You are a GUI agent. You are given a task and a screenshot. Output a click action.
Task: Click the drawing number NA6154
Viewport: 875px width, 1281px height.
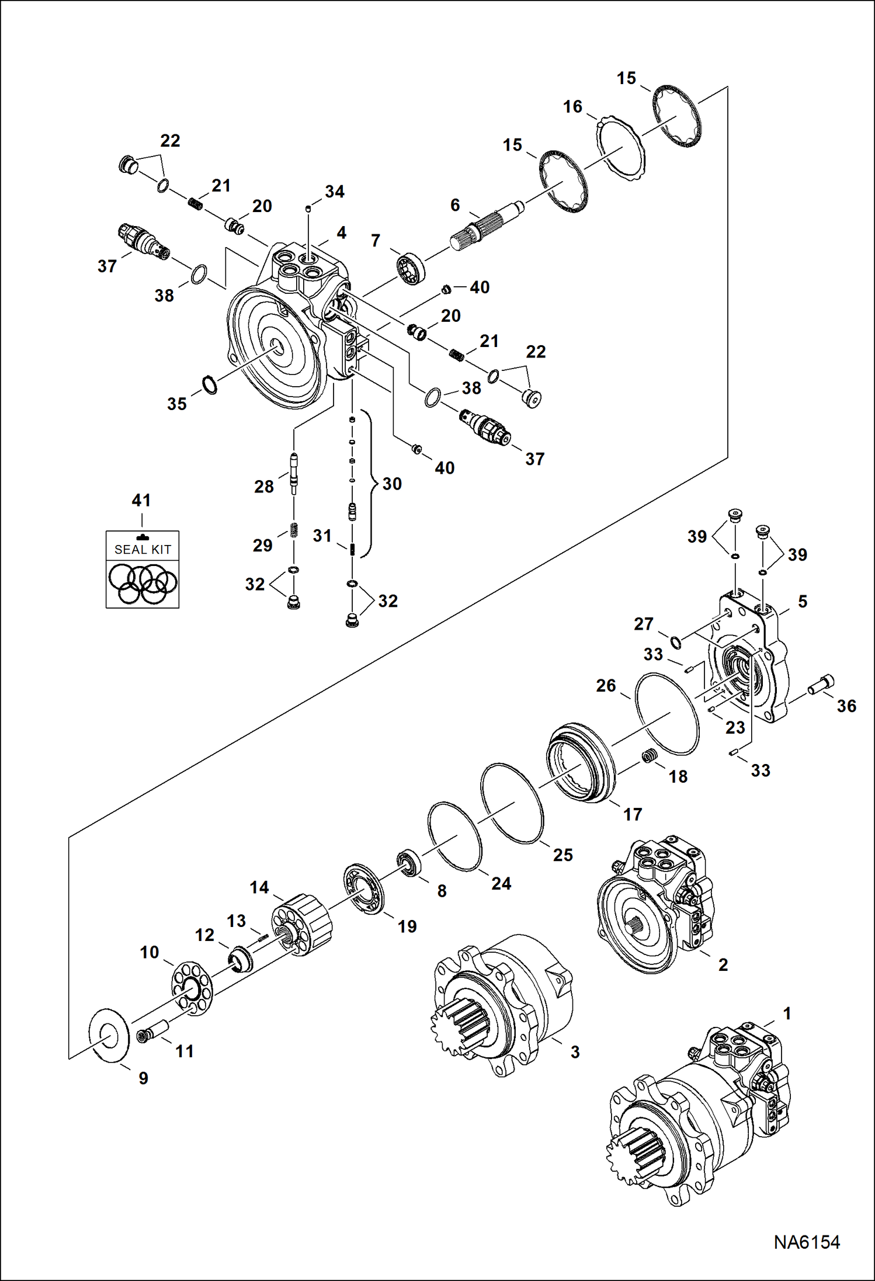[x=806, y=1242]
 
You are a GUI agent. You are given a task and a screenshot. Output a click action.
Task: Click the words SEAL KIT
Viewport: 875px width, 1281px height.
[x=143, y=550]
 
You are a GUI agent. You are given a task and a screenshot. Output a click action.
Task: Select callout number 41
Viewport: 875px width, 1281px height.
[x=141, y=501]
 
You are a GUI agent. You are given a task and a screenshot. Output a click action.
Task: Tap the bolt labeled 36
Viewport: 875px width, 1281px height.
[x=821, y=685]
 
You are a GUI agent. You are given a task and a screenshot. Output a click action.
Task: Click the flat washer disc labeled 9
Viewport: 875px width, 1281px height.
[x=109, y=1034]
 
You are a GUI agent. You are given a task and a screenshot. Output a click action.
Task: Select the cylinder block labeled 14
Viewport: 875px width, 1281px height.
[x=303, y=924]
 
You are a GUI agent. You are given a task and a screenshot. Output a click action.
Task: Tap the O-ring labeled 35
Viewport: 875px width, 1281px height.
[x=210, y=386]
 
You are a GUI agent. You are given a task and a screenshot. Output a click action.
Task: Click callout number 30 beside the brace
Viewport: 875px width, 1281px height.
[x=392, y=484]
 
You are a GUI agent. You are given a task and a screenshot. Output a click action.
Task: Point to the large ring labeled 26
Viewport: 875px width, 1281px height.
[x=666, y=714]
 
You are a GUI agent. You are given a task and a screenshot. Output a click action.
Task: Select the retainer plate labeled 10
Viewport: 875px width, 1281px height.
[x=192, y=987]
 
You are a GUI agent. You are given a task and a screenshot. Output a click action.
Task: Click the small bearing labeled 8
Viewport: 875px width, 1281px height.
[x=409, y=863]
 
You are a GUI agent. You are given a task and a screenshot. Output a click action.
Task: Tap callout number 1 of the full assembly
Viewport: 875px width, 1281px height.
[x=787, y=1013]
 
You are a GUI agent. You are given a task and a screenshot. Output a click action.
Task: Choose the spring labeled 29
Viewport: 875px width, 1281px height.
[x=294, y=530]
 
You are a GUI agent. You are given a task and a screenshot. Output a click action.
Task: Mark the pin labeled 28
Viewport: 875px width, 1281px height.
[x=294, y=471]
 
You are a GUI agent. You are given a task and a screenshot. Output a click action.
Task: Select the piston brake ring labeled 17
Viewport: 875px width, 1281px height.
[x=581, y=762]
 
